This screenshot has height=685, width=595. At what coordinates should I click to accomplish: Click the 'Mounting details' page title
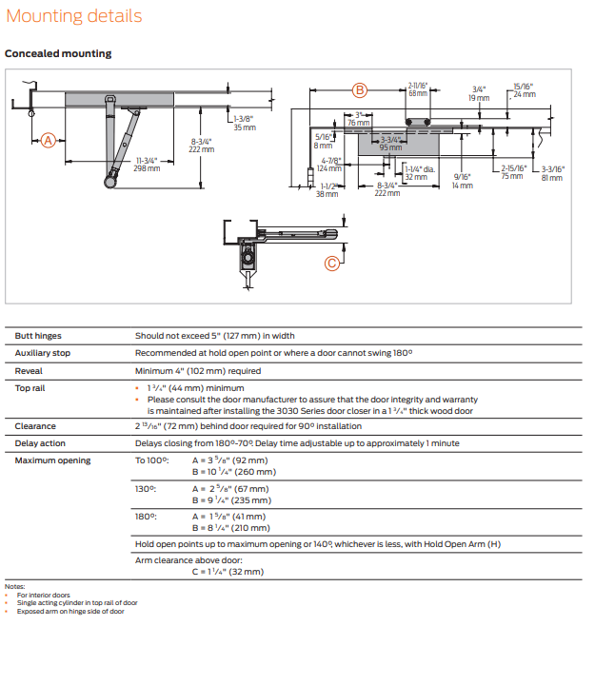pyautogui.click(x=73, y=16)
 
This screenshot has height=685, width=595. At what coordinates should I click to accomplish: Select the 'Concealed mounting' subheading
pyautogui.click(x=58, y=53)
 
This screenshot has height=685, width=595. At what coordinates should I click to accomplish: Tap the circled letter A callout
pyautogui.click(x=49, y=140)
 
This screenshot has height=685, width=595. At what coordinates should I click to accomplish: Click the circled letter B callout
pyautogui.click(x=360, y=90)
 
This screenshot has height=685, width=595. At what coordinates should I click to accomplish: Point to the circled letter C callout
pyautogui.click(x=332, y=264)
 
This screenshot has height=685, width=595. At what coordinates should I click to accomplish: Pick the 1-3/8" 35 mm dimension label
pyautogui.click(x=245, y=123)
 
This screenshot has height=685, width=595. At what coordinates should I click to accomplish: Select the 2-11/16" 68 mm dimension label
pyautogui.click(x=418, y=89)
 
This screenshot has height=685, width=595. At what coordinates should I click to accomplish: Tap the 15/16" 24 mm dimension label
pyautogui.click(x=524, y=90)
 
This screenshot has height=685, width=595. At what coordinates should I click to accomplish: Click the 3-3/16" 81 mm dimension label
pyautogui.click(x=552, y=173)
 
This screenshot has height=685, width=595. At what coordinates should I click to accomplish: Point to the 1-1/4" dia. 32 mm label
pyautogui.click(x=418, y=173)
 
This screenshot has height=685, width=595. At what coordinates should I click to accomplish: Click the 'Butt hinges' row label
pyautogui.click(x=38, y=335)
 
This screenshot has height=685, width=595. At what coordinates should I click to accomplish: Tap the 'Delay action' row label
pyautogui.click(x=40, y=443)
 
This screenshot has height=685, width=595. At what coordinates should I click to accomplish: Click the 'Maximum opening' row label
pyautogui.click(x=52, y=460)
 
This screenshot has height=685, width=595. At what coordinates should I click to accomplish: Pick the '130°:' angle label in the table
pyautogui.click(x=147, y=488)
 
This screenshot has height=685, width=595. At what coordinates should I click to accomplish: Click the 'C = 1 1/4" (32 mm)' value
pyautogui.click(x=228, y=572)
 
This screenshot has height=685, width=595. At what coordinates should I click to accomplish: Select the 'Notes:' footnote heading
pyautogui.click(x=14, y=587)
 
